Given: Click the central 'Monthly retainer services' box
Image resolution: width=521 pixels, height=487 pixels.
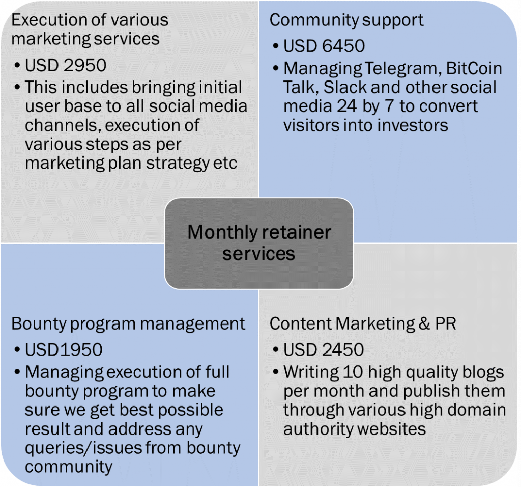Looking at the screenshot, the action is coord(259,243).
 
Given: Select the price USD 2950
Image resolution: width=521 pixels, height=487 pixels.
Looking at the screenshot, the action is coord(66,65).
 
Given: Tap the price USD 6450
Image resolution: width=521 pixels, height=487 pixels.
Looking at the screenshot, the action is coord(324,46).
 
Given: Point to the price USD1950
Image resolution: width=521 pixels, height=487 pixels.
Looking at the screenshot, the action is coord(64,349).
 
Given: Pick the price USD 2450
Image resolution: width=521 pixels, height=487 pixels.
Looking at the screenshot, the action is coord(324,349).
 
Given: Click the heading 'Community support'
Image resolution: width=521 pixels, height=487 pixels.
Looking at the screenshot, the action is coord(346,20).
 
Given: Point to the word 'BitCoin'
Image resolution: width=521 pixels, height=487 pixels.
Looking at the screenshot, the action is coord(474,68).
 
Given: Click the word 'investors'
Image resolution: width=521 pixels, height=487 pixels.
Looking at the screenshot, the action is coord(412,125).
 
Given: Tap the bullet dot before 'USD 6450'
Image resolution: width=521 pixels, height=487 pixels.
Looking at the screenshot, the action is coord(275,46).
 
